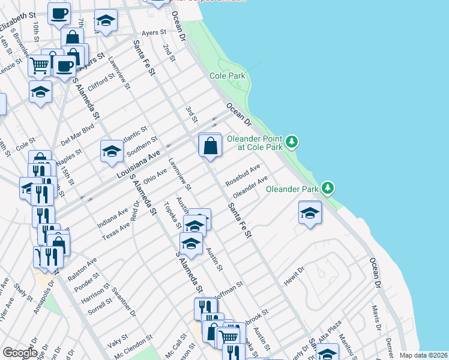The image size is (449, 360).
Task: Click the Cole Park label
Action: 228,76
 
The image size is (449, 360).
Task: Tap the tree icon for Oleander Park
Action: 328,188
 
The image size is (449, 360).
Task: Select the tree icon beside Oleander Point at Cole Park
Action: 292,142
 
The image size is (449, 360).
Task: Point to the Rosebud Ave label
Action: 243,175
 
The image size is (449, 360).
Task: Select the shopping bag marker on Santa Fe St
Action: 210,146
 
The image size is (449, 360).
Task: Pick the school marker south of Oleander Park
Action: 309,213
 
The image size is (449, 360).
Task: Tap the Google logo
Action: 20,353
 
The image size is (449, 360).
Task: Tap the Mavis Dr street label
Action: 376,314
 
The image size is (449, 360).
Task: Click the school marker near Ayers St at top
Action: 106,23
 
